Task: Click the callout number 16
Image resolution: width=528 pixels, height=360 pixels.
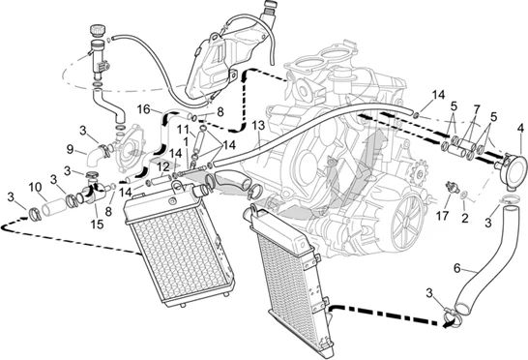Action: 144,109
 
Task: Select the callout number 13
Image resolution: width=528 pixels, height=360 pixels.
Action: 258,125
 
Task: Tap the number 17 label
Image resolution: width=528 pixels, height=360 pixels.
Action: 442,216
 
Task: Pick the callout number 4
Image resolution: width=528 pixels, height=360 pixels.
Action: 520,128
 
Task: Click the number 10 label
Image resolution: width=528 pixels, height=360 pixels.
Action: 35,187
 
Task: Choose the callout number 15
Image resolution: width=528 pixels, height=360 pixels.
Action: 97,225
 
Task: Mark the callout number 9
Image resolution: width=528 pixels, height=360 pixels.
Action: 70,149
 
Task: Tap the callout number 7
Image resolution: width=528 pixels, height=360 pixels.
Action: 476,109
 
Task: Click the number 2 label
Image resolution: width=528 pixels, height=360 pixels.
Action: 465,218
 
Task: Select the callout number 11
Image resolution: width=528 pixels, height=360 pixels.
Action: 184,129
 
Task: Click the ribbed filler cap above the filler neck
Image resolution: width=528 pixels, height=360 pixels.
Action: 98,30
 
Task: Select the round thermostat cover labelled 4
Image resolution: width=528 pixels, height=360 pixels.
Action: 513,171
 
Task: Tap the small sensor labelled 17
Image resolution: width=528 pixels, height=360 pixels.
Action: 452,187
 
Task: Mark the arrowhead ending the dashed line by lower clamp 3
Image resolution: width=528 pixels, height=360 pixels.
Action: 446,324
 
